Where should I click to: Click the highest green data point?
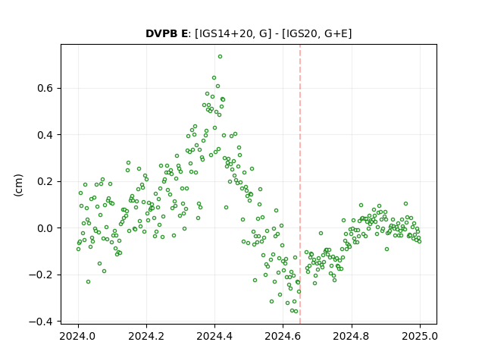coord(220,57)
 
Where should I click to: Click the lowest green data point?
coord(296,312)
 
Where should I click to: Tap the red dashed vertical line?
coord(300,184)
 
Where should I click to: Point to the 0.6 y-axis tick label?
coord(45,88)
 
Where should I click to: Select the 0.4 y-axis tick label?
coord(45,135)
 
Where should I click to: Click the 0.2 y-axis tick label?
coord(45,182)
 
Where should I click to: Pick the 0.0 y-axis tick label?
coord(45,228)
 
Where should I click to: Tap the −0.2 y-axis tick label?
coord(41,275)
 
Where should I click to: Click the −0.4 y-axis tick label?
coord(41,322)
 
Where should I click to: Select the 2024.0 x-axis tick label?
coord(78,336)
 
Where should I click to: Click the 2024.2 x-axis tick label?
coord(146,336)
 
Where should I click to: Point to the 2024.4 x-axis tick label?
coord(214,336)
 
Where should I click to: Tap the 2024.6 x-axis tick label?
coord(283,336)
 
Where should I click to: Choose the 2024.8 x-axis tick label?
coord(352,336)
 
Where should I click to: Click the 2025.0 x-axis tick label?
coord(420,336)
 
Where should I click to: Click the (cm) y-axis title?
coord(18,185)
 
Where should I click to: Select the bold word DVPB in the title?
coord(161,33)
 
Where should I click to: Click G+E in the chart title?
coord(336,33)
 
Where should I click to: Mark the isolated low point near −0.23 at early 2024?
coord(88,282)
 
